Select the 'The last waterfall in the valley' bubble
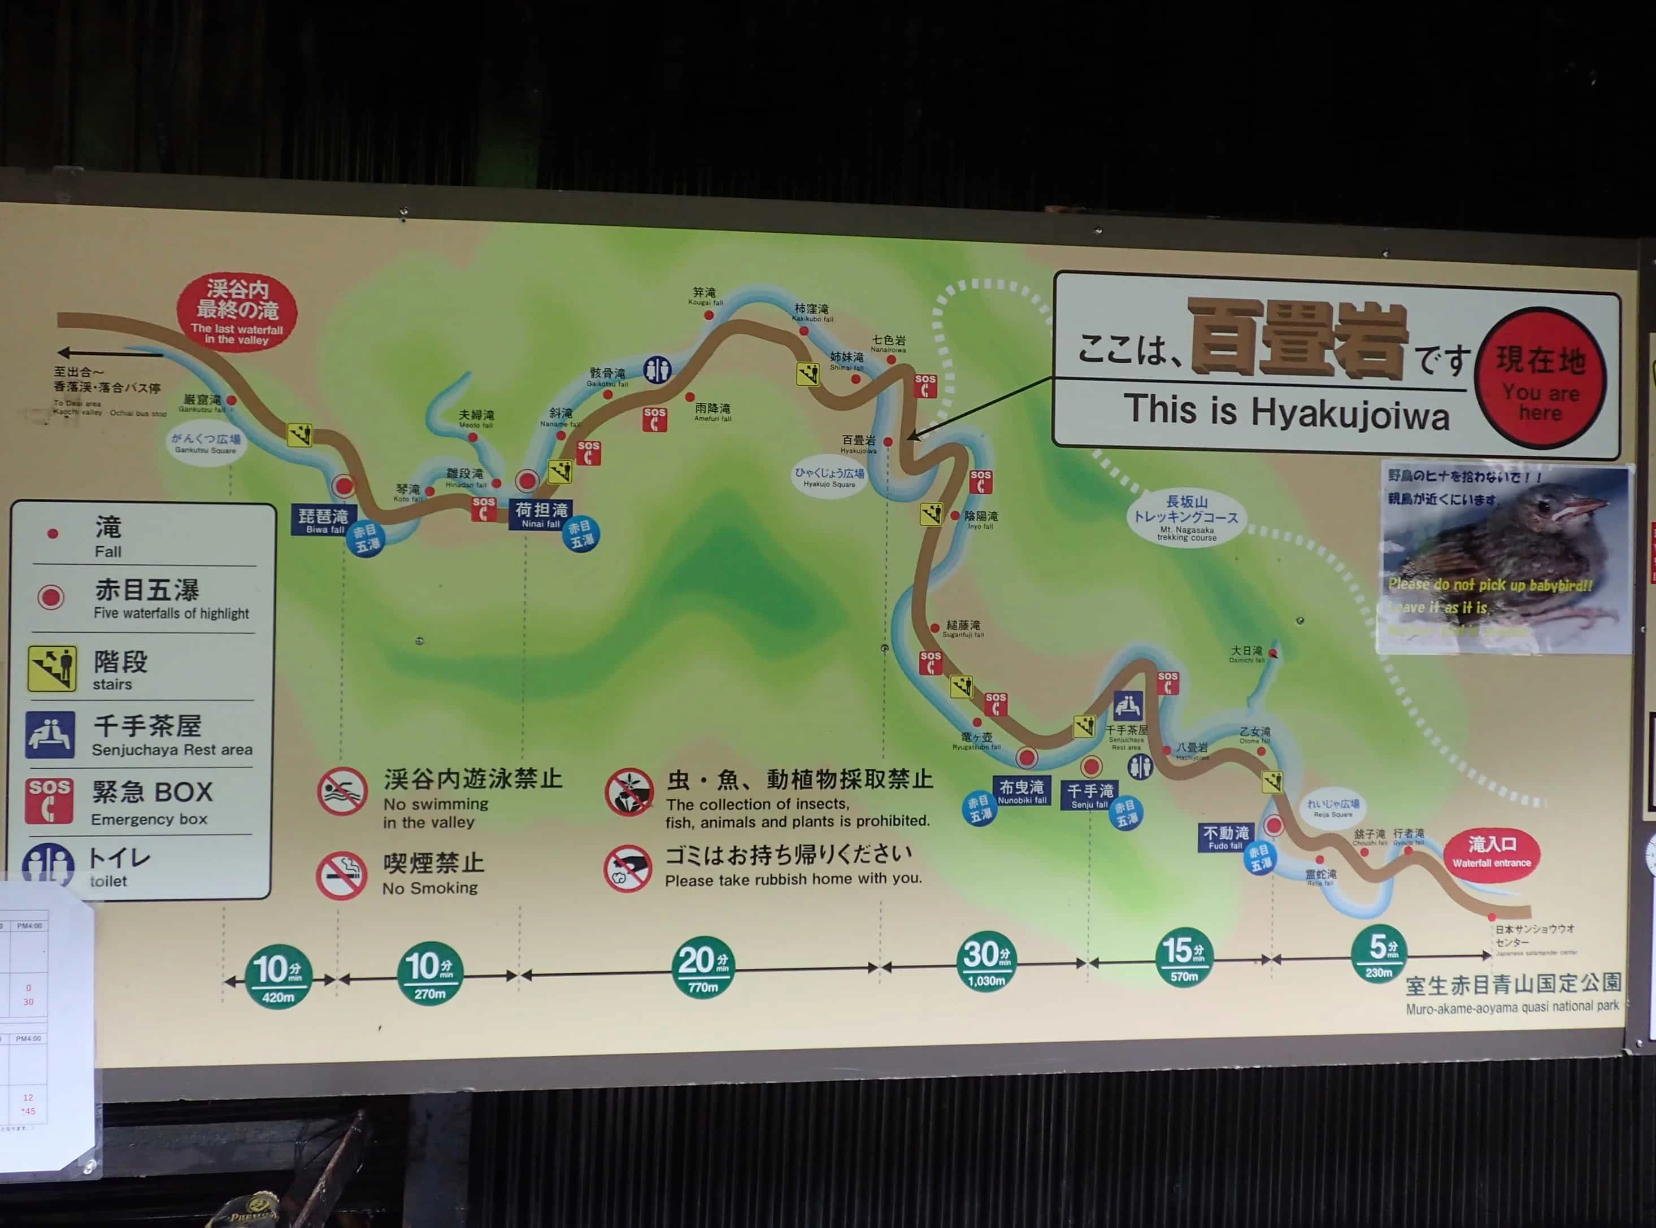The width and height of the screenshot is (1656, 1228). click(237, 313)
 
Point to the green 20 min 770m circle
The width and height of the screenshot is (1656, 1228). click(703, 967)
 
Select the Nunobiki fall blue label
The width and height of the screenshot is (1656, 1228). click(1022, 791)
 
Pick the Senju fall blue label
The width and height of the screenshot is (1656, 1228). click(1090, 795)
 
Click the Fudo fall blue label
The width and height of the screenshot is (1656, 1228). click(1225, 837)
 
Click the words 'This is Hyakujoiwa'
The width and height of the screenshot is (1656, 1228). click(1286, 412)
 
